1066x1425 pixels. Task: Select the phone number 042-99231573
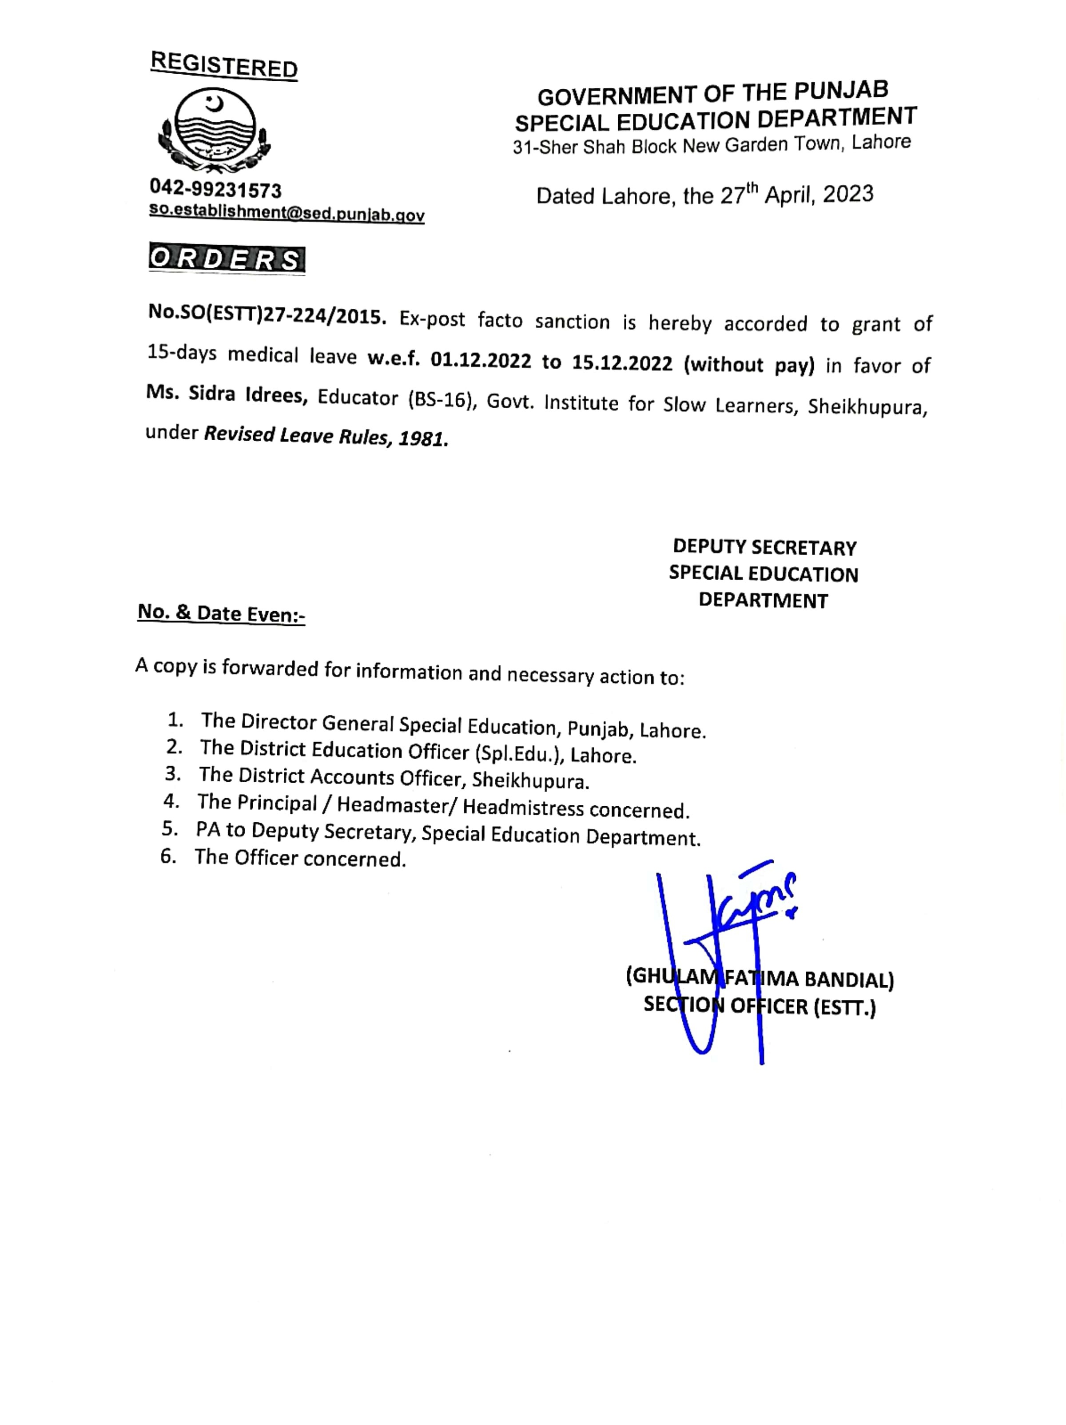pos(215,190)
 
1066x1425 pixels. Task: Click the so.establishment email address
pos(286,213)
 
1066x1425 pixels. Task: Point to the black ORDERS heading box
pos(227,259)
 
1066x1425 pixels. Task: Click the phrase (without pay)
pos(749,365)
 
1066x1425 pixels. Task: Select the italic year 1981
pos(423,439)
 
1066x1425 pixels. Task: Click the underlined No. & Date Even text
pos(221,613)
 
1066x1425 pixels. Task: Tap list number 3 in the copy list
pos(172,773)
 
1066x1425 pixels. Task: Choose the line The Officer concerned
pos(300,858)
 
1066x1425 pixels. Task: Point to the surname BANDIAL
pos(848,980)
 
